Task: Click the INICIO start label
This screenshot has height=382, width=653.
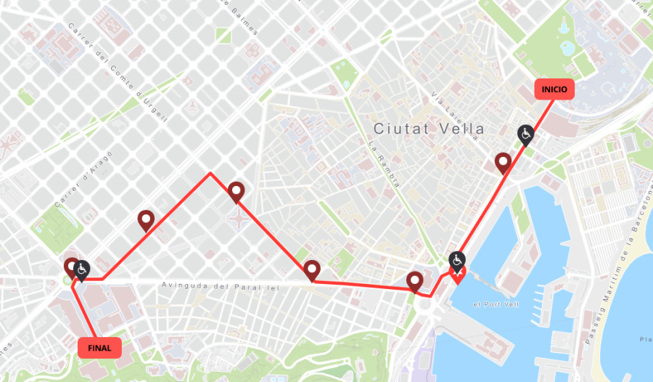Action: pos(554,89)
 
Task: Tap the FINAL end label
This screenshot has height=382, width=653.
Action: pos(99,348)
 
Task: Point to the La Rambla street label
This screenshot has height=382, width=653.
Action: pos(385,166)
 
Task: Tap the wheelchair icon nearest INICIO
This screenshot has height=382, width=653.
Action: pos(525,134)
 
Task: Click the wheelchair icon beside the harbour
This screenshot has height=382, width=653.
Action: pos(457,259)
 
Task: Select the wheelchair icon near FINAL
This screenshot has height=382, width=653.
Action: pos(82,269)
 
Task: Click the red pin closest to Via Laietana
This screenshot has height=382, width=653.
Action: pos(503,163)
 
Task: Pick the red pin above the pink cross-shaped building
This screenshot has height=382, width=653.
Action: pos(236,192)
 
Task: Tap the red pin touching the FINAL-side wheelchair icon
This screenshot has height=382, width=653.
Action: pos(71,267)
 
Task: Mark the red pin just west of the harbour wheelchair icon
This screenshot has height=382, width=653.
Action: pos(415,281)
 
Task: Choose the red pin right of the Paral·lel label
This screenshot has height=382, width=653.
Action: pos(312,269)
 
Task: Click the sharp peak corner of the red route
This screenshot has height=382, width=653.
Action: pos(210,173)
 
